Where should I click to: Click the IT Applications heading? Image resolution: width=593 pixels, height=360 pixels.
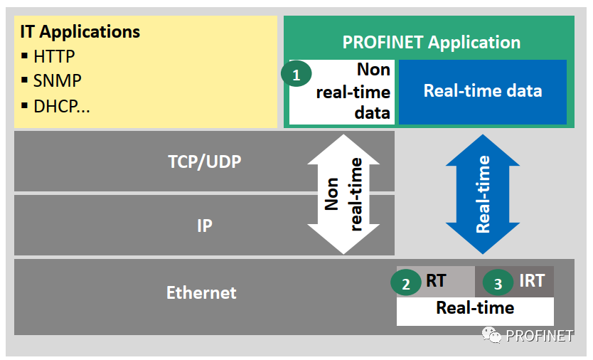point(80,32)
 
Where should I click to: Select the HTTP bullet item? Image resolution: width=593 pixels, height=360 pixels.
point(53,56)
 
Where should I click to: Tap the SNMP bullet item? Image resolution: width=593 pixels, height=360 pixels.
point(57,81)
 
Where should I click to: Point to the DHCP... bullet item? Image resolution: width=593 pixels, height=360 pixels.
point(61,107)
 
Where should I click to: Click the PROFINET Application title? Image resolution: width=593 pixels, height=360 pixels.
point(431,42)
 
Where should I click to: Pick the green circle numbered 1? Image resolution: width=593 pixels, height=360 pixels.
point(296,73)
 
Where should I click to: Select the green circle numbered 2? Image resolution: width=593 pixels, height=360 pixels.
point(406,284)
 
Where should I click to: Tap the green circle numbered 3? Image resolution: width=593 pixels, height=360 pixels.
point(498,284)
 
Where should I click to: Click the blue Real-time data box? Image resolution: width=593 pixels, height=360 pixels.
point(482,91)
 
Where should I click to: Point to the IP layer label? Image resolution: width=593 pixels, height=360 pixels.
point(204,226)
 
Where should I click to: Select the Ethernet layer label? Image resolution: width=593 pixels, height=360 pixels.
point(201,292)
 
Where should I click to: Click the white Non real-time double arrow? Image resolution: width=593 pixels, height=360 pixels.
point(344,194)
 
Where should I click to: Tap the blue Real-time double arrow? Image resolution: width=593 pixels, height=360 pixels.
point(483,194)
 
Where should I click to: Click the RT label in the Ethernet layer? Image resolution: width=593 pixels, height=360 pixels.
point(436,281)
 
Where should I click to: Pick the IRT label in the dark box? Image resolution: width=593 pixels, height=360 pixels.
point(531,281)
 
